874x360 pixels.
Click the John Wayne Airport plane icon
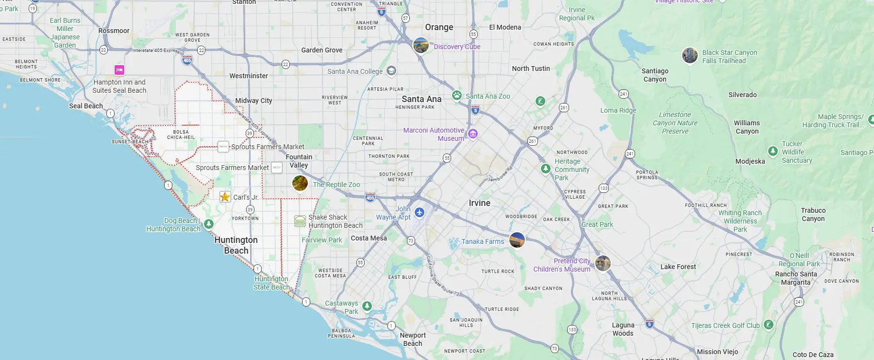(x=420, y=212)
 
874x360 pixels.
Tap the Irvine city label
(x=479, y=203)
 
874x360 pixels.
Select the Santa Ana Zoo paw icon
(x=457, y=95)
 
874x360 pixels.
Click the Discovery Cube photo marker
(x=421, y=45)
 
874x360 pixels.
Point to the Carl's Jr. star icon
(x=225, y=197)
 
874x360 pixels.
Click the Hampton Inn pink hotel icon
(x=119, y=70)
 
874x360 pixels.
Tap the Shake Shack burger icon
(x=300, y=221)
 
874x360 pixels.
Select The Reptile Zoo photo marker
(x=300, y=183)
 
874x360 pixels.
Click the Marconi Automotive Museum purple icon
(x=473, y=134)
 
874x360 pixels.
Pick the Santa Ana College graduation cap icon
(x=391, y=71)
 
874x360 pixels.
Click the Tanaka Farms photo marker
(x=517, y=240)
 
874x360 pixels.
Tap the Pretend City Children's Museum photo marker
(x=603, y=263)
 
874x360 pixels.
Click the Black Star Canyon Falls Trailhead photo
(x=690, y=55)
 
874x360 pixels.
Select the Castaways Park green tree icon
(x=367, y=306)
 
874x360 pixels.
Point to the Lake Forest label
(x=678, y=267)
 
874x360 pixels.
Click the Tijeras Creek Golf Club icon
(x=768, y=325)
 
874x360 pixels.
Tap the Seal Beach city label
(x=86, y=106)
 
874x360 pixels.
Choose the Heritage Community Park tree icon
(x=546, y=169)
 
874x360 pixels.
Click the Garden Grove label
(x=321, y=50)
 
